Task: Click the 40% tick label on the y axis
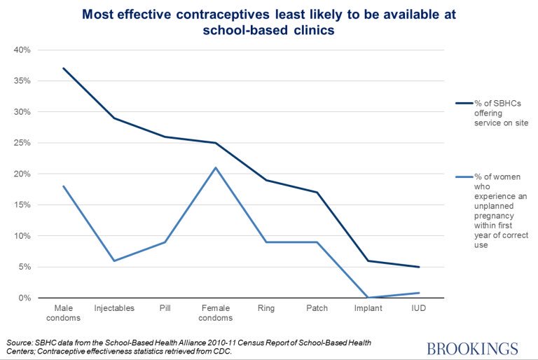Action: (22, 50)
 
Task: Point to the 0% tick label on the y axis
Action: (25, 298)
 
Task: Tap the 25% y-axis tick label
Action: (22, 143)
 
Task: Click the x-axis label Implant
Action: (368, 308)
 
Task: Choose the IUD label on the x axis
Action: (418, 308)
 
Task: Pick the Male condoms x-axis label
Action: (63, 313)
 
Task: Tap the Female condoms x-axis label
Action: (216, 313)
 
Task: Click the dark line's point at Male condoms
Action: (63, 68)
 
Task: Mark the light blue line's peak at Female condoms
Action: (216, 167)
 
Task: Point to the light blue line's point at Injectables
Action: (114, 261)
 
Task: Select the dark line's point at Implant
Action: (368, 261)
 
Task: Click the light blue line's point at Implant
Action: (368, 298)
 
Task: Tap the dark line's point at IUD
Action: (418, 267)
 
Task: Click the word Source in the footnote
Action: (18, 342)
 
